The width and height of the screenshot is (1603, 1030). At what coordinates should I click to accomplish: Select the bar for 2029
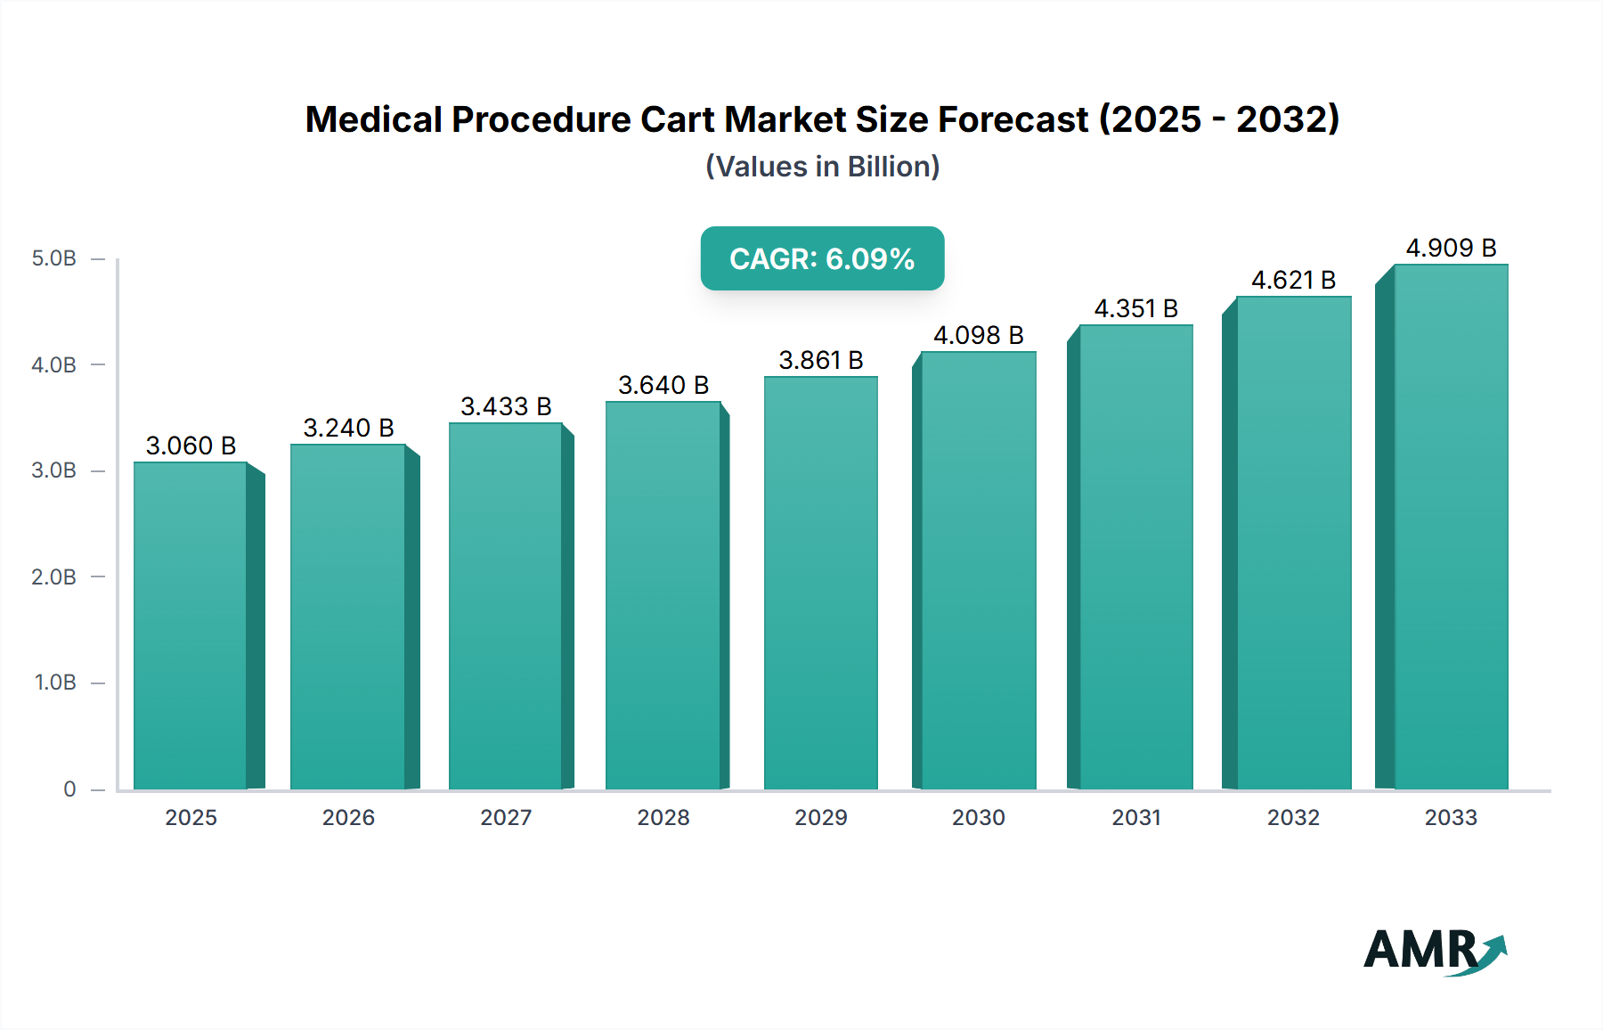point(820,584)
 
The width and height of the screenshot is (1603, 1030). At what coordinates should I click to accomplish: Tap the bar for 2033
point(1450,526)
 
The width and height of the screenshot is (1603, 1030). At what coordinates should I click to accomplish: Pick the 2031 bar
point(1135,557)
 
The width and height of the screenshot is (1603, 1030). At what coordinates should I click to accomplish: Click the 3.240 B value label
point(348,428)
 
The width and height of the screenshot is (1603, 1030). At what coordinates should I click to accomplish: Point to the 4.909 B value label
point(1451,248)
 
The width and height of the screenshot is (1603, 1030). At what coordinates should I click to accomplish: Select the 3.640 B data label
point(663,385)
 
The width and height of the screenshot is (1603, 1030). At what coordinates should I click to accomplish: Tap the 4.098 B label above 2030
point(978,335)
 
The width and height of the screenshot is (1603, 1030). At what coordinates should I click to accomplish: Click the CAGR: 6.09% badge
point(822,258)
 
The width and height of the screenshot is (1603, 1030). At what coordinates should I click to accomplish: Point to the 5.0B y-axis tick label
point(53,258)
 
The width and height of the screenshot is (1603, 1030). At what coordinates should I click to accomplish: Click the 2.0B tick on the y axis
point(53,576)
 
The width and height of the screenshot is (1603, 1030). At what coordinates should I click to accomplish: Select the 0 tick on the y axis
point(69,789)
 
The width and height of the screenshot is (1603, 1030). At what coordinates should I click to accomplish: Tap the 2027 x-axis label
point(506,817)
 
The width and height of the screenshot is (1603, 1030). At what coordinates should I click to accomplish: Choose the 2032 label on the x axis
point(1293,817)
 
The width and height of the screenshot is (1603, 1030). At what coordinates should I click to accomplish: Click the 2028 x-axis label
point(663,817)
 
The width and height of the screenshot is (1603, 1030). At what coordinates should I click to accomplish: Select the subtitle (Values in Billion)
point(822,167)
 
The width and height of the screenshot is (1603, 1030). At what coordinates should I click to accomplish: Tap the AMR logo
point(1434,951)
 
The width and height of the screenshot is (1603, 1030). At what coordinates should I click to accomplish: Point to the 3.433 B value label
point(506,406)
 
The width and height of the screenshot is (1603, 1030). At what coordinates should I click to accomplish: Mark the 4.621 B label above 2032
point(1293,280)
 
